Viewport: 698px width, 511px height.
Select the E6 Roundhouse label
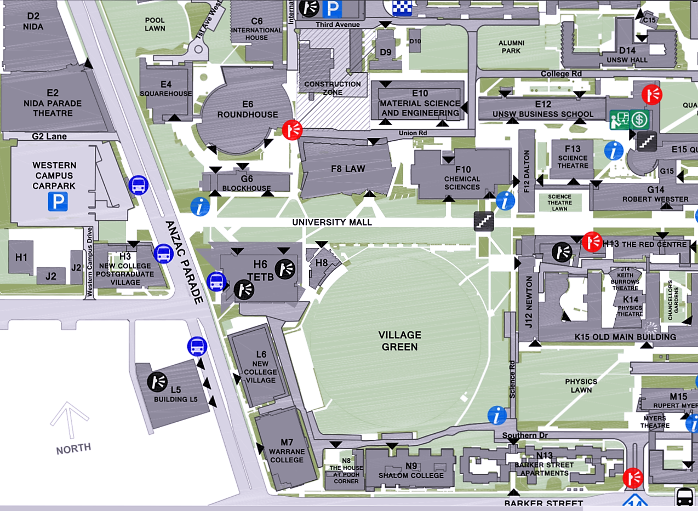pos(248,110)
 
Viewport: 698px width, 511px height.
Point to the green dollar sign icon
pos(639,119)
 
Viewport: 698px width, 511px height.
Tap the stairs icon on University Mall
pos(484,221)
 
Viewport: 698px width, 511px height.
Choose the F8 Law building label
pos(347,169)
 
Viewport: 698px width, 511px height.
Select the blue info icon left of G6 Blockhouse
pos(200,206)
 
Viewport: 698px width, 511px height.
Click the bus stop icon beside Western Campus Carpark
pos(139,186)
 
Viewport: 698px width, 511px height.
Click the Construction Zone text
pos(333,88)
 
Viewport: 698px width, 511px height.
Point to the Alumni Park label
pos(511,47)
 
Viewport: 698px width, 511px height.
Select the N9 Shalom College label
pos(411,470)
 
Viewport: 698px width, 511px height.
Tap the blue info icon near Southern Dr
pos(497,415)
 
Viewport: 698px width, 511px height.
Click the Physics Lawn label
pos(581,386)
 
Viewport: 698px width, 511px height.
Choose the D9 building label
pos(386,53)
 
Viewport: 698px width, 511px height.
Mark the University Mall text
pos(332,222)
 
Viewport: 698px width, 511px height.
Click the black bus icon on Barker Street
pos(685,497)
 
